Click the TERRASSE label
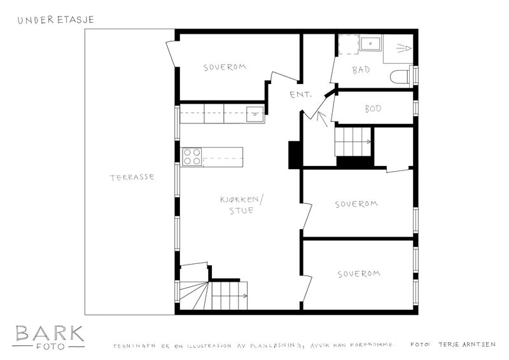click(x=132, y=177)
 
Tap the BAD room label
click(x=361, y=70)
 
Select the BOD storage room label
click(x=373, y=109)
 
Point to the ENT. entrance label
click(x=300, y=95)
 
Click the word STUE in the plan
click(x=242, y=211)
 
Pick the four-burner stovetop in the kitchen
click(x=192, y=157)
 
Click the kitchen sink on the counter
click(x=255, y=114)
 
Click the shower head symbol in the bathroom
click(x=404, y=48)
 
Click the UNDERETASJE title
click(x=55, y=20)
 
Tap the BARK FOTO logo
click(x=49, y=338)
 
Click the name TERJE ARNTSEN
click(x=467, y=345)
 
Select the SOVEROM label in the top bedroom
click(x=225, y=67)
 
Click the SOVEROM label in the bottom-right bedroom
click(x=359, y=273)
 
